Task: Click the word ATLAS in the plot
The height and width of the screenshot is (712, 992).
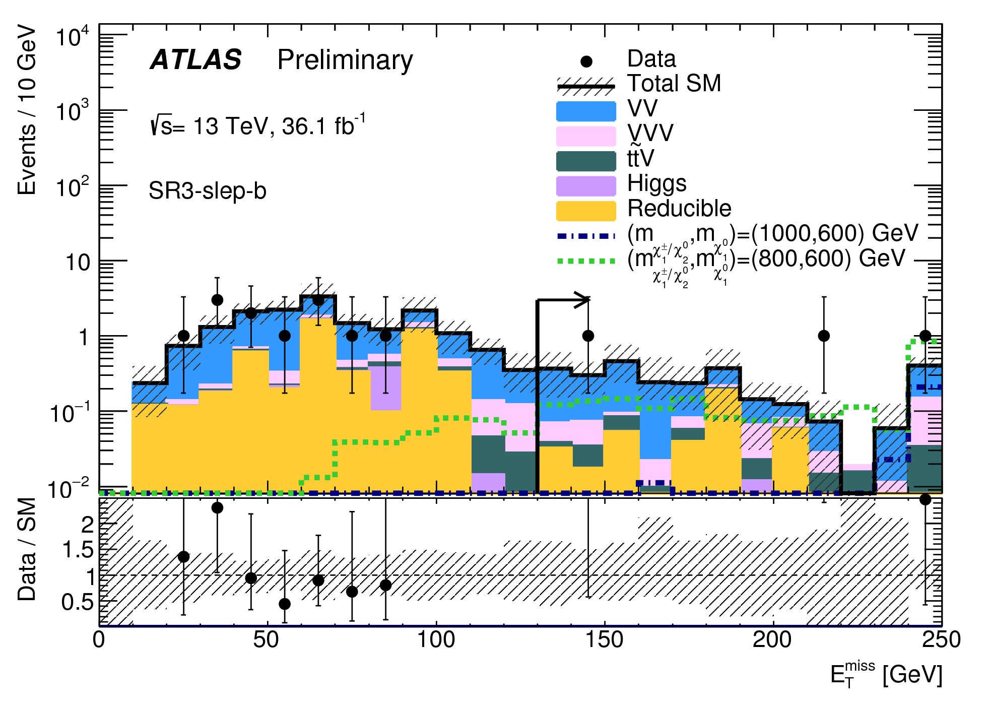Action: [196, 60]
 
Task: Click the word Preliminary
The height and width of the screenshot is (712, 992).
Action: [345, 60]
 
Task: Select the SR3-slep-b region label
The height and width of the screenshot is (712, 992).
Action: [207, 191]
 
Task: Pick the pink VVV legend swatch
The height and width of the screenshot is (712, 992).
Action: [586, 136]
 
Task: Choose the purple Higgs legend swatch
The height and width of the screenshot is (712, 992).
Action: [586, 186]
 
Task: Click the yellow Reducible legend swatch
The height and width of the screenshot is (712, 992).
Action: [586, 211]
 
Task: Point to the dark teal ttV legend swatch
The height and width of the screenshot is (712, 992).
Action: [586, 161]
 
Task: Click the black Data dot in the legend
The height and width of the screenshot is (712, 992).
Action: [586, 61]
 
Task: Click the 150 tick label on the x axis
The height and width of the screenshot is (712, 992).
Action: [604, 640]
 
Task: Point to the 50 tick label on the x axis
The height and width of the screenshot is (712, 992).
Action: [266, 640]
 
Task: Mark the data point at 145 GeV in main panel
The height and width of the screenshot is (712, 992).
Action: [588, 336]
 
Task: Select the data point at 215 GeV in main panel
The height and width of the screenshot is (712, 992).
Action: [824, 336]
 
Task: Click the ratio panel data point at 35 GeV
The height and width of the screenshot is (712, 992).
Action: [217, 507]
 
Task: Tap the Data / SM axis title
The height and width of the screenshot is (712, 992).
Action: [27, 549]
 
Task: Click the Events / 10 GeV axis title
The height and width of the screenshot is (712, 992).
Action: [27, 111]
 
